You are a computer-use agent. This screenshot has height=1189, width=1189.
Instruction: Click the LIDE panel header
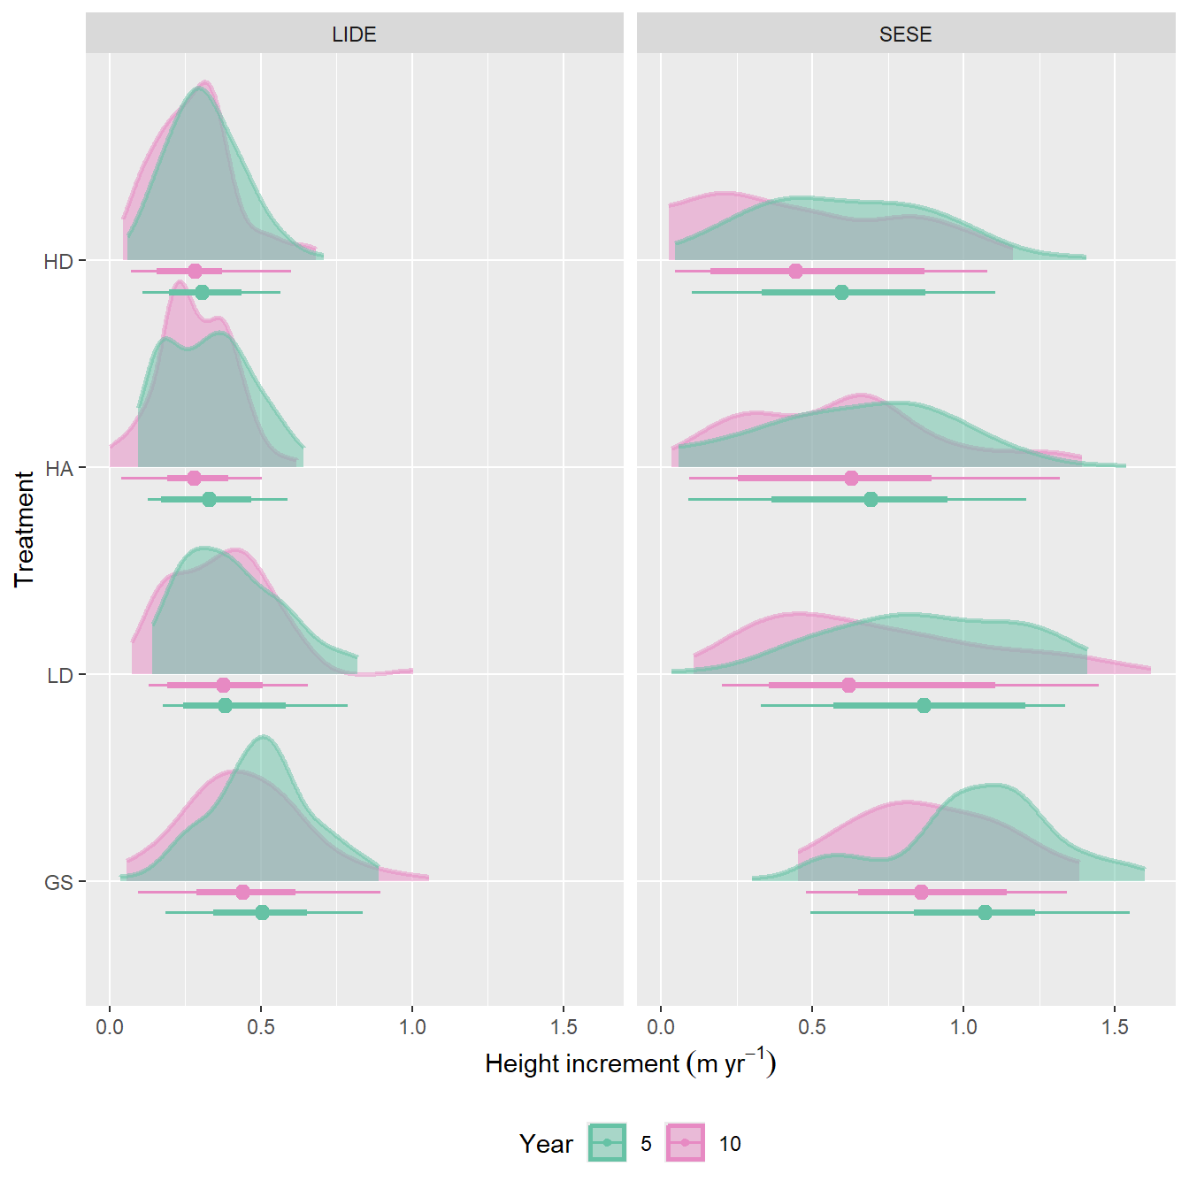click(354, 35)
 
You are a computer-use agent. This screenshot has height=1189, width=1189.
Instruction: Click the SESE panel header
click(905, 35)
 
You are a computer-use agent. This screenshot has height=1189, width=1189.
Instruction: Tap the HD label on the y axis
click(58, 262)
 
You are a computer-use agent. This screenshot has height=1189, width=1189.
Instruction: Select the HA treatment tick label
click(58, 469)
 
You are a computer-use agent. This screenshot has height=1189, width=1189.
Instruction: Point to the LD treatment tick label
click(59, 676)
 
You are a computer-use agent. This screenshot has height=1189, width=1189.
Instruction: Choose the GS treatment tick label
click(58, 883)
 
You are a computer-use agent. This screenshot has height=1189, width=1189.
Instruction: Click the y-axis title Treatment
click(24, 529)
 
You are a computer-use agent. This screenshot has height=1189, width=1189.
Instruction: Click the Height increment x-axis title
click(630, 1062)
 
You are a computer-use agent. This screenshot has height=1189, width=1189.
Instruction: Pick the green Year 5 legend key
click(607, 1142)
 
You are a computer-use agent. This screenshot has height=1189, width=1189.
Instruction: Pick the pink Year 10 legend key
click(685, 1142)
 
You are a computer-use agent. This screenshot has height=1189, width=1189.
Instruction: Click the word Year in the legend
click(546, 1144)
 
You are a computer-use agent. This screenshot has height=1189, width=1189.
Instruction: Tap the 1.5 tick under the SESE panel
click(1115, 1027)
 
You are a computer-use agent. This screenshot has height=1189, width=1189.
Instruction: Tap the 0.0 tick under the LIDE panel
click(110, 1027)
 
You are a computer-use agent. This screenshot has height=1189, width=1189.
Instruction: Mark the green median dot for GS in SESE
click(985, 912)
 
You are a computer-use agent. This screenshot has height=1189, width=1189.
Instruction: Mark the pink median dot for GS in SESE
click(921, 892)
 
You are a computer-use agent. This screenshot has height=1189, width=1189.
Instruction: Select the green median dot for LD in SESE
click(924, 705)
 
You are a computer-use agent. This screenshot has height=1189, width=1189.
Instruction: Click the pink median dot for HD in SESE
click(795, 271)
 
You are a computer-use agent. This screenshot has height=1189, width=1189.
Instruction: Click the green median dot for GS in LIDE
click(262, 912)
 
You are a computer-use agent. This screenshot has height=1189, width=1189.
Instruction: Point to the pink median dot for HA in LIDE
click(195, 478)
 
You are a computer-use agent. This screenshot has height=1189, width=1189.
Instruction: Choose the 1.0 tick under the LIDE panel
click(412, 1027)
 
